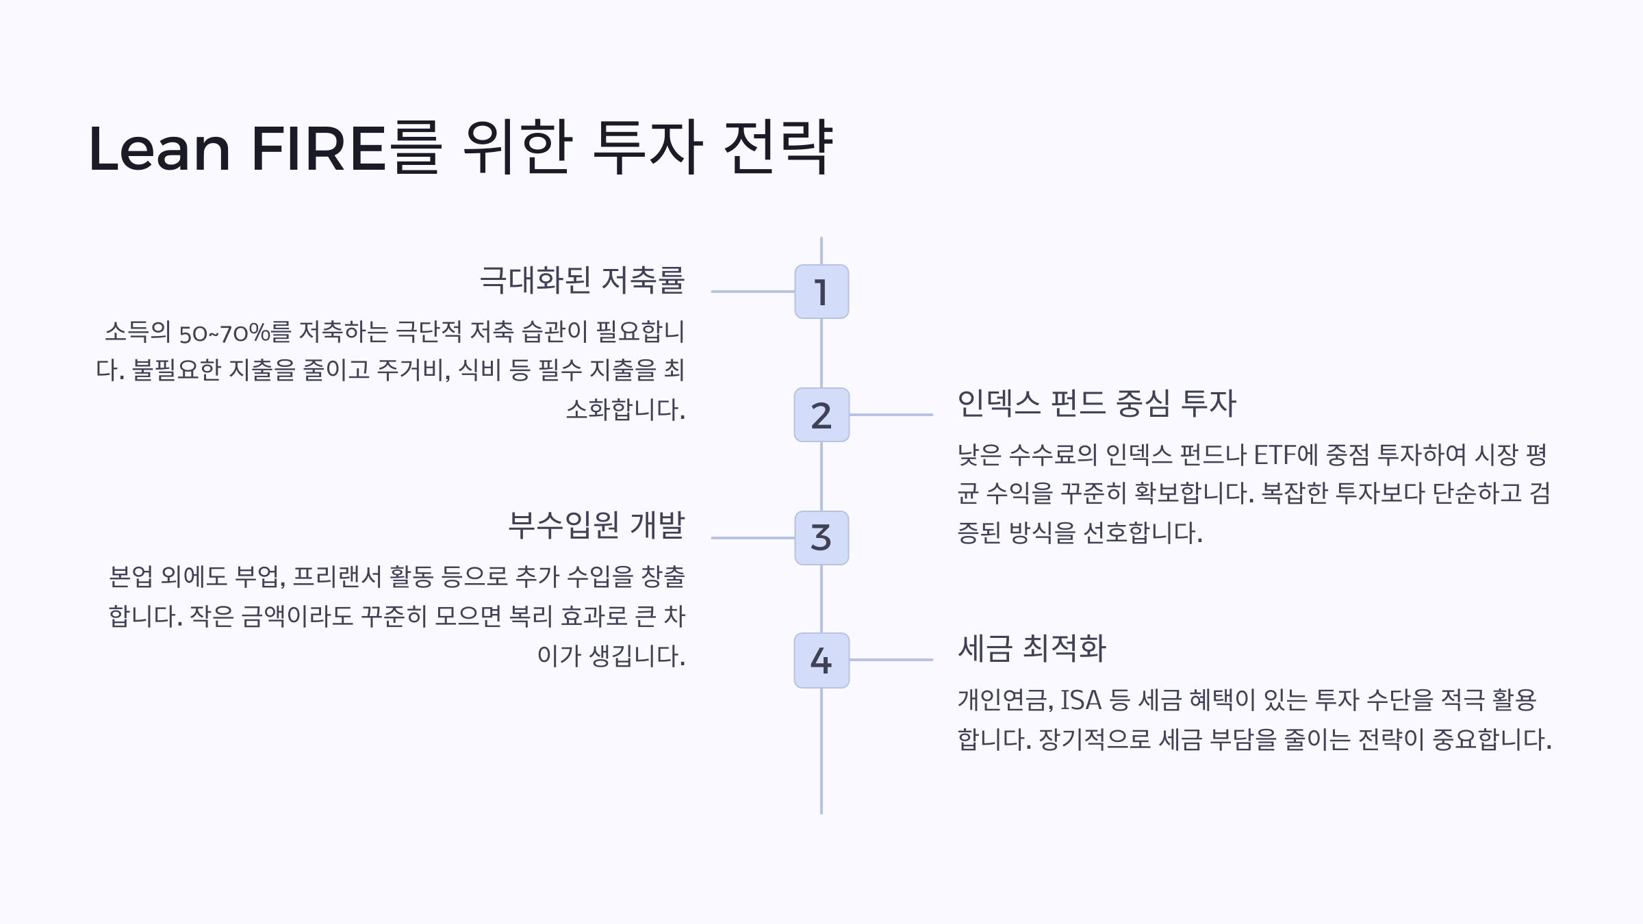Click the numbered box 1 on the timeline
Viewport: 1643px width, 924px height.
(x=821, y=292)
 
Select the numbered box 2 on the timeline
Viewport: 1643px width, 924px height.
(x=821, y=415)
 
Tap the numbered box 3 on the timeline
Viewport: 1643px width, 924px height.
(x=821, y=538)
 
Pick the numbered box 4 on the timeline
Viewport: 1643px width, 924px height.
(x=821, y=660)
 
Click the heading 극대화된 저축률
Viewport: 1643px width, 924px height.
(x=582, y=280)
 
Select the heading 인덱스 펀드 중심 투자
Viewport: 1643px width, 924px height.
(x=1097, y=403)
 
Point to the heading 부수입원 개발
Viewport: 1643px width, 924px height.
(x=596, y=526)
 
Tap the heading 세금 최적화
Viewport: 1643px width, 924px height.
(x=1032, y=648)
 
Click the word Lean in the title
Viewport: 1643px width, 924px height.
(x=160, y=149)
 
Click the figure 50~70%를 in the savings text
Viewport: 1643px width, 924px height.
(x=235, y=333)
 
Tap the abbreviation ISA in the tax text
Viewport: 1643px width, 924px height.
(x=1081, y=700)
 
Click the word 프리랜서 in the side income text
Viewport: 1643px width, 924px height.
(x=337, y=577)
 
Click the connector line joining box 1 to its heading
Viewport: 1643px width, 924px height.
(x=753, y=292)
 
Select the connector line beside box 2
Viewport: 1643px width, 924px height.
(x=891, y=415)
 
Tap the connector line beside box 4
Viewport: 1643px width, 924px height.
(x=891, y=660)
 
